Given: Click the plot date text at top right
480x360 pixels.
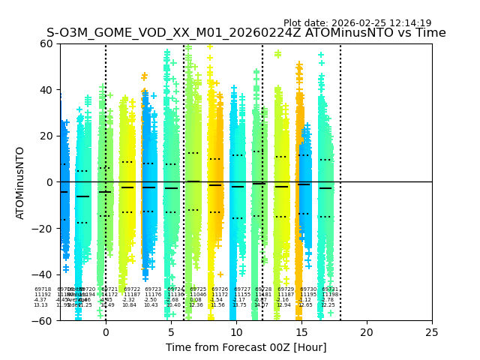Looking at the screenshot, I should [x=357, y=23].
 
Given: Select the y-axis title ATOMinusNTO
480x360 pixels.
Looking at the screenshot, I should [x=20, y=182].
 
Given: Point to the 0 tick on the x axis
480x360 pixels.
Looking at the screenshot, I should [x=106, y=331].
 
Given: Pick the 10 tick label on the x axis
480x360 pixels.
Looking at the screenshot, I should [x=236, y=331].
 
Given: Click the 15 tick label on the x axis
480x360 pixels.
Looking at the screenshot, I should [x=301, y=331].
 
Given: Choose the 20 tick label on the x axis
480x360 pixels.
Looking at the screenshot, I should [x=367, y=331].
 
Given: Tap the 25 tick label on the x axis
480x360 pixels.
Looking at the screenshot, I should [x=432, y=331].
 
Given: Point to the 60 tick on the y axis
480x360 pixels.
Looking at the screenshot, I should [x=46, y=43].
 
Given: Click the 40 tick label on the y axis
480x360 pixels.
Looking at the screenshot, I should [x=46, y=90].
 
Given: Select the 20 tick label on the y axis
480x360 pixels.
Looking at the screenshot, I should [x=46, y=136].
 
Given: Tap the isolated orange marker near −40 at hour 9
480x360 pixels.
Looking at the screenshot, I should [x=220, y=274].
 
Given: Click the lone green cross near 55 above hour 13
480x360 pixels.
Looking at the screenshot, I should [x=278, y=54].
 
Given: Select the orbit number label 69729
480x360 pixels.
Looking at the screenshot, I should [x=286, y=289].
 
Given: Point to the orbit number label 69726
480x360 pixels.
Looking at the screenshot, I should [x=220, y=289].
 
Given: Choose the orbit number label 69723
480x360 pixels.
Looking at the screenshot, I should [x=153, y=289].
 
